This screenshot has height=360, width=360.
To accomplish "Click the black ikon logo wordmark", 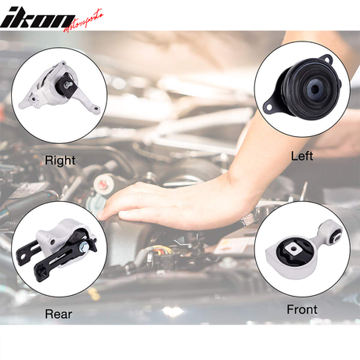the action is [37, 17].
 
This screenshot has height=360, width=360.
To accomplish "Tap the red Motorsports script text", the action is [84, 21].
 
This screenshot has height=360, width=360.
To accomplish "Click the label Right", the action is [60, 160].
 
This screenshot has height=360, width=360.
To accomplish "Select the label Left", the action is [302, 156].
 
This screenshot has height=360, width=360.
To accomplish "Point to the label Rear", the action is [59, 314].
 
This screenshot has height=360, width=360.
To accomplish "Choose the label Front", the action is [302, 310].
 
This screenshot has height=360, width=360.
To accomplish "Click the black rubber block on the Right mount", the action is [67, 85].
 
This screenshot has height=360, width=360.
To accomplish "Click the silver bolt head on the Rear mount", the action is [84, 246].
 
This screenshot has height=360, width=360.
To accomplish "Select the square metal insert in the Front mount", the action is [292, 249].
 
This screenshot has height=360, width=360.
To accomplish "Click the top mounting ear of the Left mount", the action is [326, 59].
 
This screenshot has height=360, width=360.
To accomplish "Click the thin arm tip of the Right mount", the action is [97, 109].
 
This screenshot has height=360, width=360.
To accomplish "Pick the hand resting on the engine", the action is [167, 203].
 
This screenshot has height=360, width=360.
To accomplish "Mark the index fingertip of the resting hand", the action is [99, 216].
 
